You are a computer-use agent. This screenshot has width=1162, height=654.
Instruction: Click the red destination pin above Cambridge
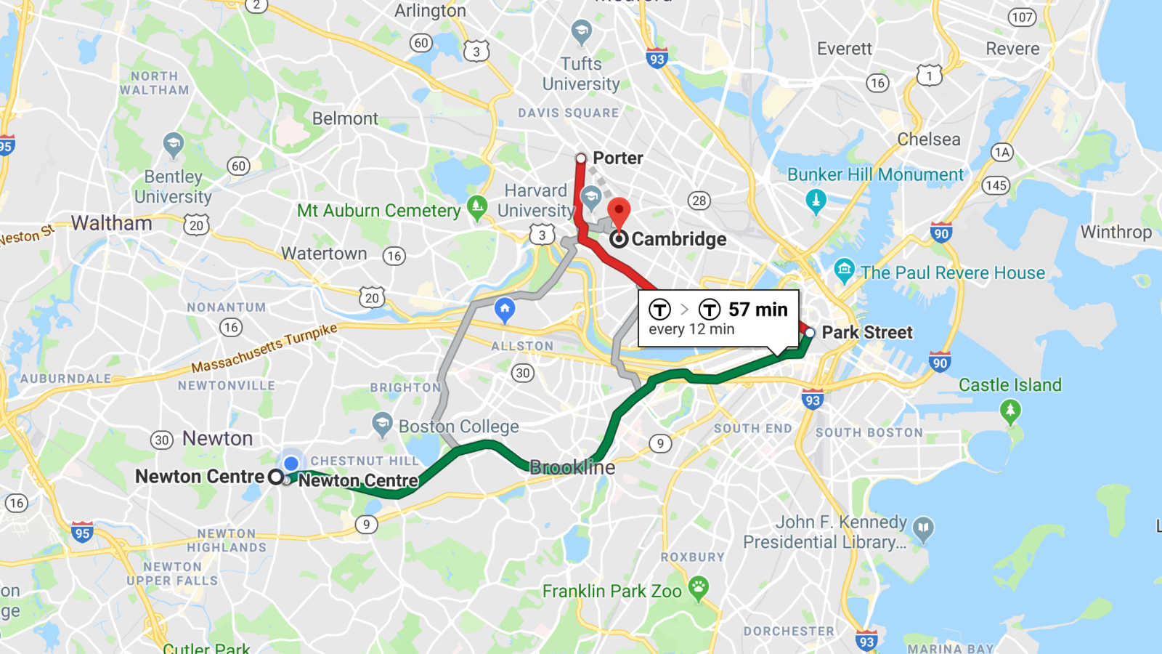[x=619, y=211]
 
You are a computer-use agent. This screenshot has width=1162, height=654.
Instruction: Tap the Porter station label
[x=617, y=158]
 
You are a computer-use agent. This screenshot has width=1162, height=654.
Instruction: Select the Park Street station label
[x=866, y=332]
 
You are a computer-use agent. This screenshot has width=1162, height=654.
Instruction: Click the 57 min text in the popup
[x=757, y=310]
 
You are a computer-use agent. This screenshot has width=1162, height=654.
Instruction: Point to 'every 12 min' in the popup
[x=691, y=329]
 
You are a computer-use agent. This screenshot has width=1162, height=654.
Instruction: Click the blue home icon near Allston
[x=505, y=309]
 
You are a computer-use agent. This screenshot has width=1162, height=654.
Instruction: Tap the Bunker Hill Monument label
[x=875, y=174]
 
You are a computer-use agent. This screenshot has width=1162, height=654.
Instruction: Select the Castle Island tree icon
[x=1009, y=411]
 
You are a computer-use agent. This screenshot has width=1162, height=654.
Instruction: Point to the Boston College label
[x=458, y=427]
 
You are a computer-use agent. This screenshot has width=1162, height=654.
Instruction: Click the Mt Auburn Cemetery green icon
[x=477, y=207]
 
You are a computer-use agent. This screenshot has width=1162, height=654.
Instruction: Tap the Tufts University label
[x=581, y=73]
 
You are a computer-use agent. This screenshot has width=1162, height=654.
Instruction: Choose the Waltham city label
[x=111, y=223]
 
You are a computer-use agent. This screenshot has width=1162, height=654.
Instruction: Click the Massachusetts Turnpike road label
[x=264, y=348]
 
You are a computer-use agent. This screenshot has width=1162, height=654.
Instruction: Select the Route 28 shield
[x=699, y=201]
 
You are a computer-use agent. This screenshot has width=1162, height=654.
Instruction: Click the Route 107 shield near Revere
[x=1022, y=17]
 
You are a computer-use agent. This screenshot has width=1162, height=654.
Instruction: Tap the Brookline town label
[x=572, y=467]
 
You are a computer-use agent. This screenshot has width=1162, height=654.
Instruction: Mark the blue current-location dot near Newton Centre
[x=291, y=463]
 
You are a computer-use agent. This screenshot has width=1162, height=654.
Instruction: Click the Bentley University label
[x=173, y=187]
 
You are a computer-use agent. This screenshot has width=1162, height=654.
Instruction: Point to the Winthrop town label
[x=1116, y=232]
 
